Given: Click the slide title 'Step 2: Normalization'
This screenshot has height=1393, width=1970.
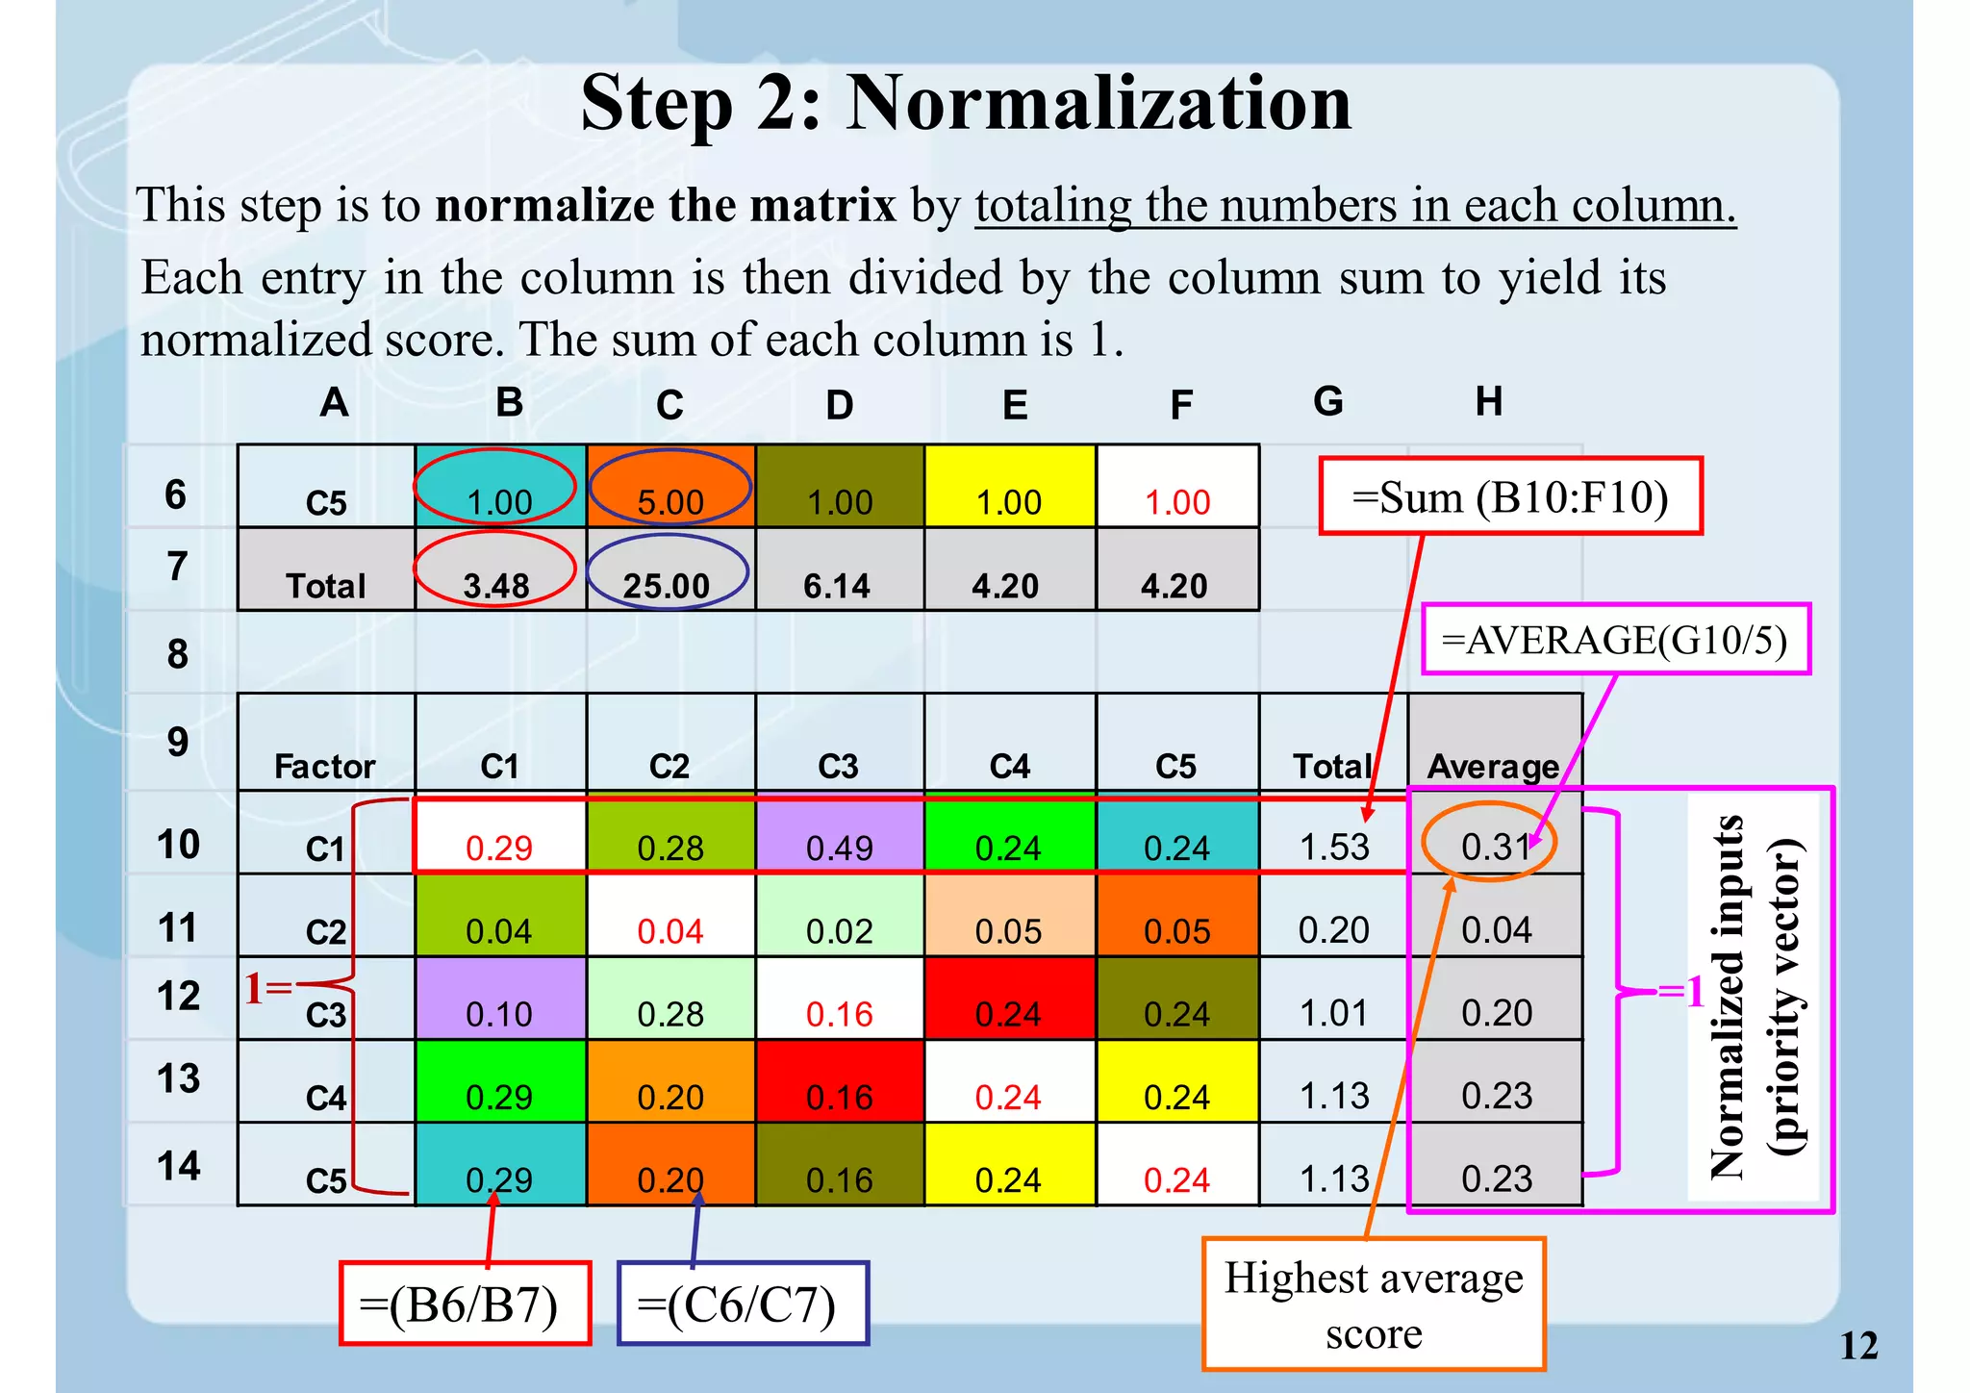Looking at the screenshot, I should click(966, 104).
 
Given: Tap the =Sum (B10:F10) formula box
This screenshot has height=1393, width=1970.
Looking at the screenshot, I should click(1509, 496).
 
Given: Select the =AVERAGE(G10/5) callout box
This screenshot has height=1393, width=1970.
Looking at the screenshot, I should click(1615, 640).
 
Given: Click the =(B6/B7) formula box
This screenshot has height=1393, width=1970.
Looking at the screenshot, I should click(465, 1304).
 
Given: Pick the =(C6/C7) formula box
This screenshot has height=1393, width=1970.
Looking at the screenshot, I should click(742, 1304).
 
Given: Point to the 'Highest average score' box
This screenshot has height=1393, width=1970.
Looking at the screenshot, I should click(1373, 1304).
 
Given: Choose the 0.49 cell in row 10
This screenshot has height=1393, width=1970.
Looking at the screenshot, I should click(840, 847).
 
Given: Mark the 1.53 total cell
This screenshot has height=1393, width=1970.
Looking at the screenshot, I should click(1333, 847).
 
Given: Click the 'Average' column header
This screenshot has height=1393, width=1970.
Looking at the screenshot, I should click(1493, 766).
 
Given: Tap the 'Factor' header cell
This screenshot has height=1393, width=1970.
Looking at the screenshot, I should click(325, 766).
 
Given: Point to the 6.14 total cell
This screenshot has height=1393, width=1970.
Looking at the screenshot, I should click(837, 585).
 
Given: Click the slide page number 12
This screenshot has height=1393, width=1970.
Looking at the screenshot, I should click(1857, 1346).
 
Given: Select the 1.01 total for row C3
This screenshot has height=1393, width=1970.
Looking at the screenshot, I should click(1333, 1012).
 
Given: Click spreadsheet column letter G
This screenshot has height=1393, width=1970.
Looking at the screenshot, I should click(1328, 401).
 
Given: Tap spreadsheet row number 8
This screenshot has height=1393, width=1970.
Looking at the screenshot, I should click(178, 654).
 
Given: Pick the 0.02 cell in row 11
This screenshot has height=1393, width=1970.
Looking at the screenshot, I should click(840, 930).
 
